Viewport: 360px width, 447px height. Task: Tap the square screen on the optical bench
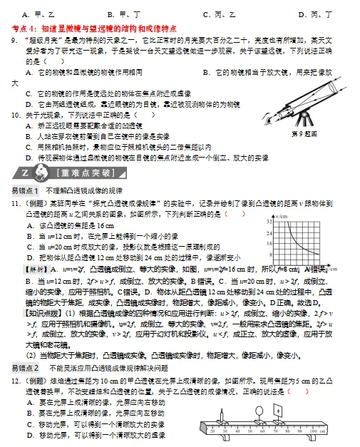(278, 411)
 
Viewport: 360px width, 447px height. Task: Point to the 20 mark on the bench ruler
(213, 432)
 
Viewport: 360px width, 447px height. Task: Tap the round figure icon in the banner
(39, 173)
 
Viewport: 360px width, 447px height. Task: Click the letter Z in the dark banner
(24, 173)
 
